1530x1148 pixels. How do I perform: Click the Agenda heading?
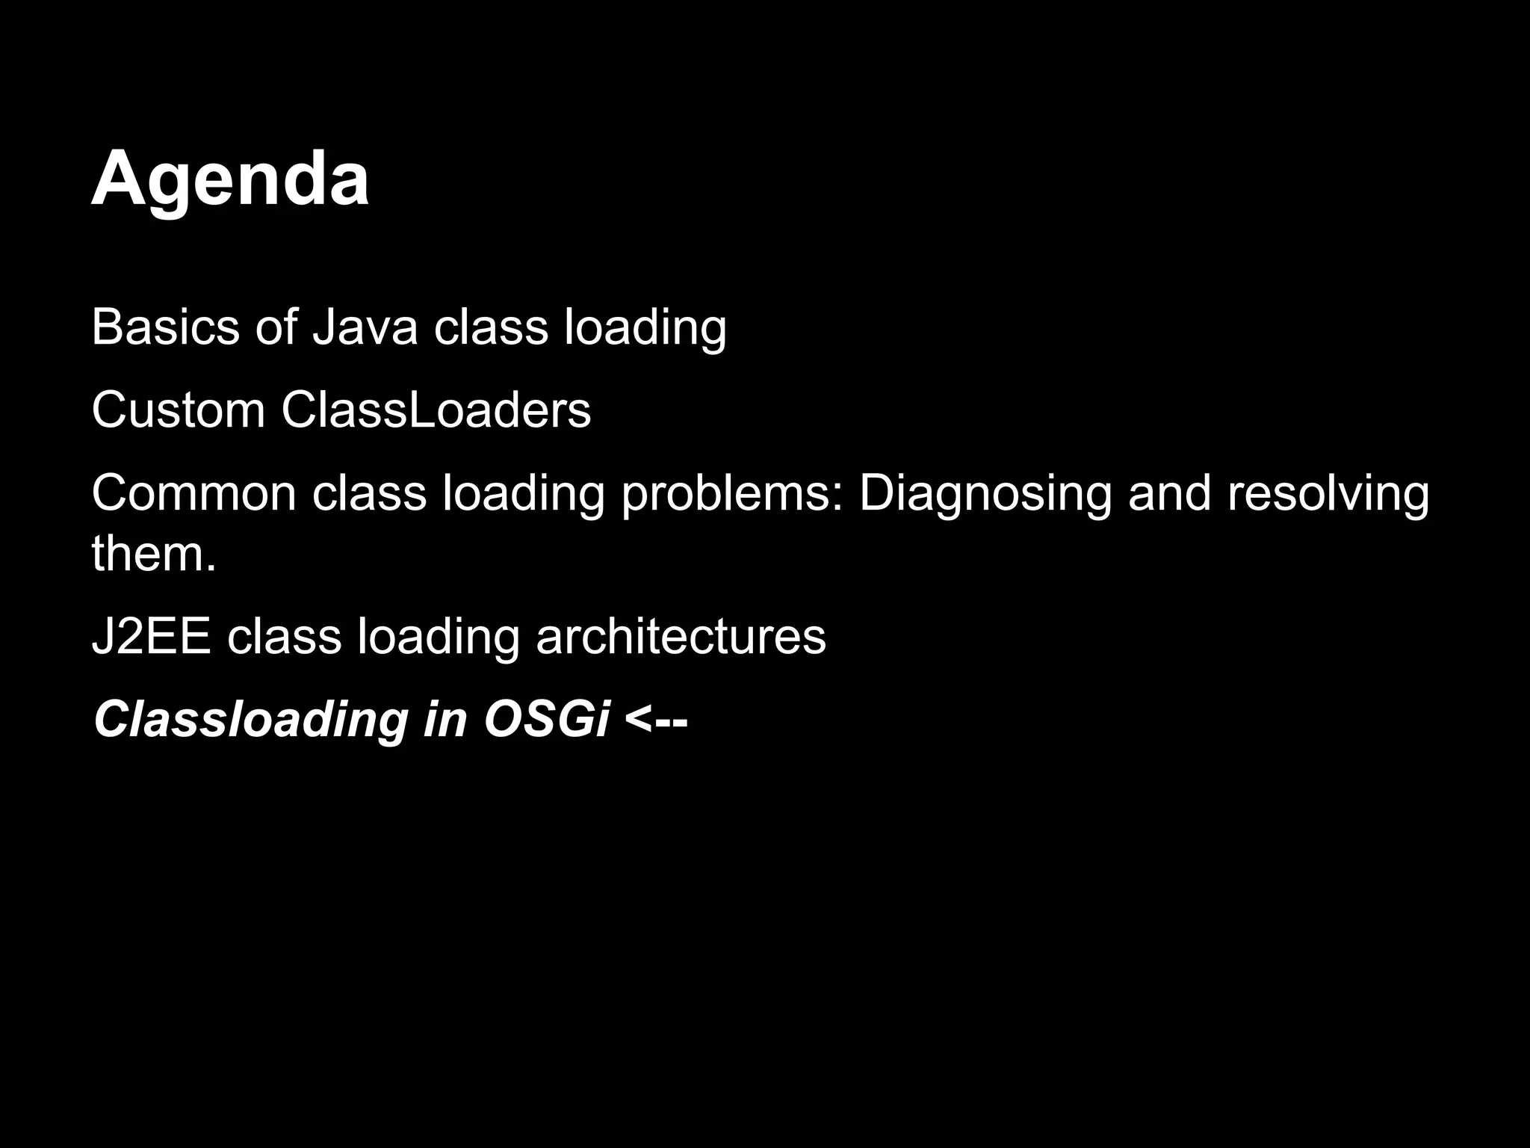(230, 179)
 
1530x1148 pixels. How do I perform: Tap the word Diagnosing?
(985, 495)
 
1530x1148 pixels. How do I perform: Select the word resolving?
(1328, 495)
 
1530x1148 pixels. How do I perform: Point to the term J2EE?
(151, 637)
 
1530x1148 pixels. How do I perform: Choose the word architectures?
(681, 637)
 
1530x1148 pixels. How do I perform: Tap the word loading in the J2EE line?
(438, 638)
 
